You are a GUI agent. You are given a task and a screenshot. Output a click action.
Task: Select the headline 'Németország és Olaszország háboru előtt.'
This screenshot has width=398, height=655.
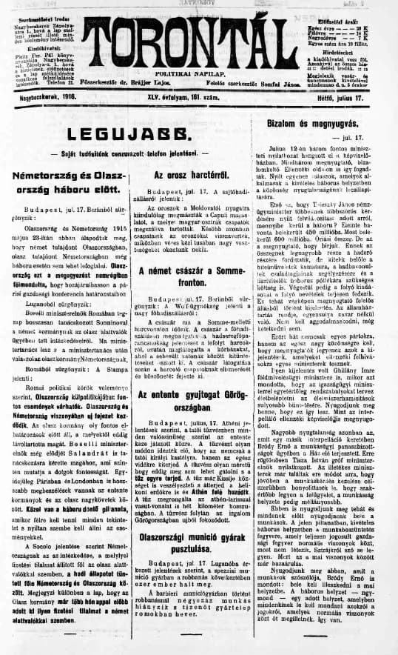[x=67, y=181]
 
